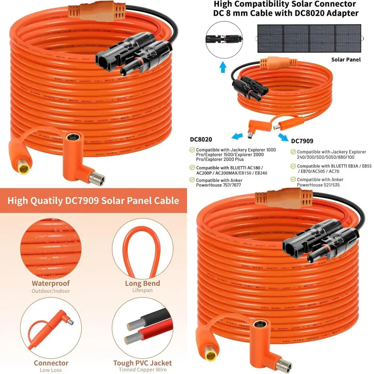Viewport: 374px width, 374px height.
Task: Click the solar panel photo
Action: coord(309,39)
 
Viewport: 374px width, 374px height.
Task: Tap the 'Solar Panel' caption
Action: coord(346,59)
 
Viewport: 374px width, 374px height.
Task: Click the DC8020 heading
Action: coord(201,140)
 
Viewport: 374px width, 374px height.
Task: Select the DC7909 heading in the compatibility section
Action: coord(302,141)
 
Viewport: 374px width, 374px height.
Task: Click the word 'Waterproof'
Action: coord(51,283)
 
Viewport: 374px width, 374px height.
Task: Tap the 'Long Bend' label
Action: coord(142,283)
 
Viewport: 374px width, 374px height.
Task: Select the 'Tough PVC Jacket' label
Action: coord(142,363)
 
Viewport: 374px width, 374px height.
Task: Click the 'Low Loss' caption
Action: coord(51,370)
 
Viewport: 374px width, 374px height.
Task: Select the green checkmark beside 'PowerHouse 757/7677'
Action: coord(192,180)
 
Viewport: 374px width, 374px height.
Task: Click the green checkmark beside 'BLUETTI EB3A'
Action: coord(293,166)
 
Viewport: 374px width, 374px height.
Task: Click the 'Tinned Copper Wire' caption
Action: coord(142,370)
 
